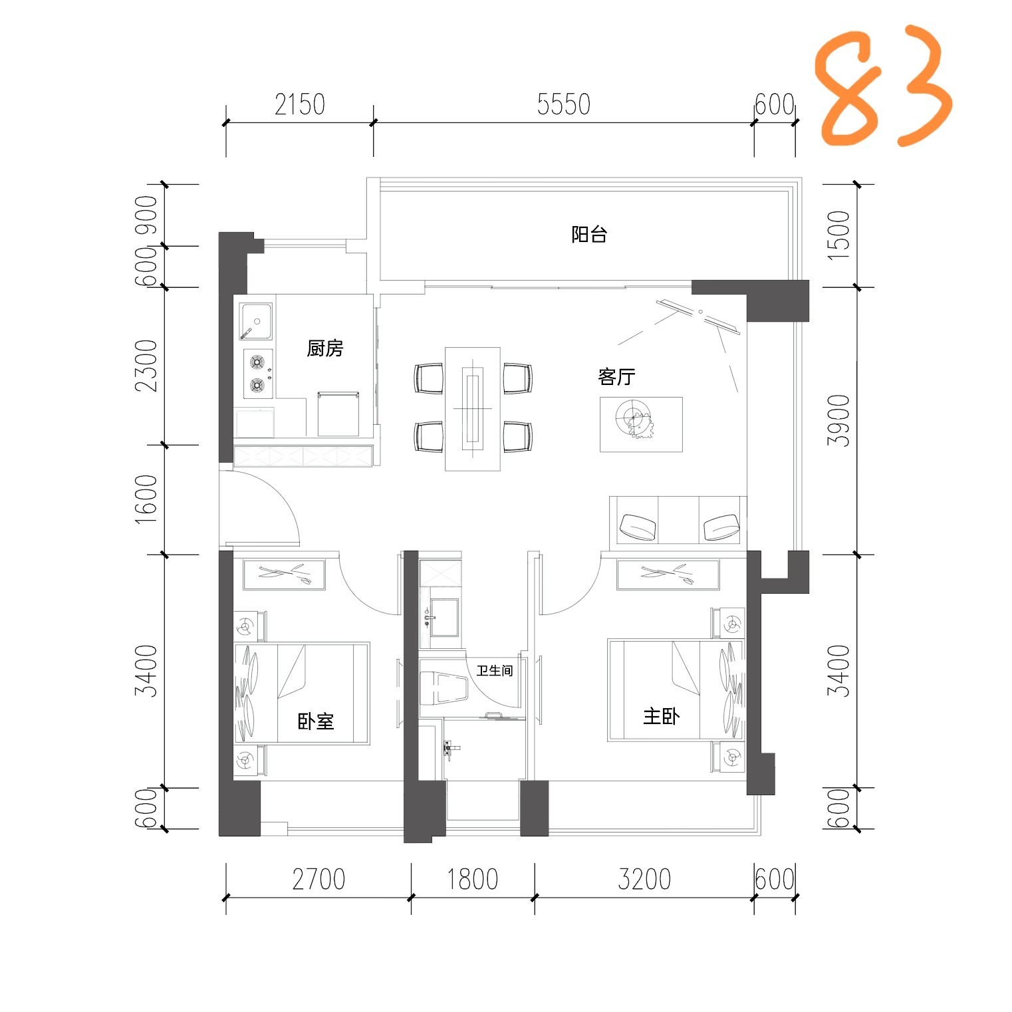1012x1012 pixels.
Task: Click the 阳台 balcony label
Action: click(x=589, y=234)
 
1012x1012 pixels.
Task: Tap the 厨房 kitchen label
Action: click(x=325, y=348)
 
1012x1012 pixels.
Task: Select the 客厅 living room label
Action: click(x=616, y=377)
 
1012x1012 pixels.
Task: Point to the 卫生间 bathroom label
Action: click(x=495, y=671)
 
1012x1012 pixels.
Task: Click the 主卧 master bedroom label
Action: click(x=661, y=716)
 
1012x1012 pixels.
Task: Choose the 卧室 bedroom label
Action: click(x=316, y=721)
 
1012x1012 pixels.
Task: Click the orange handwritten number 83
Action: click(x=884, y=86)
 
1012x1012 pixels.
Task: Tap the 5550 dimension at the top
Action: click(x=564, y=105)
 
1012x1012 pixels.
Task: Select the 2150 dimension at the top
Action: click(x=299, y=105)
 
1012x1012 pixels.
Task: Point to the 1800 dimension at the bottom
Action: click(x=472, y=879)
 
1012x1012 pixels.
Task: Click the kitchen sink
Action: click(x=256, y=322)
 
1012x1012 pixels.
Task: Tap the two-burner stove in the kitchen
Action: click(x=258, y=374)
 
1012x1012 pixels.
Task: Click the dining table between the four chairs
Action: click(x=472, y=408)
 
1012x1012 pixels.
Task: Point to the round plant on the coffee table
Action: click(x=636, y=419)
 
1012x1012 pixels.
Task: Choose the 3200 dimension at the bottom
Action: click(x=644, y=879)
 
